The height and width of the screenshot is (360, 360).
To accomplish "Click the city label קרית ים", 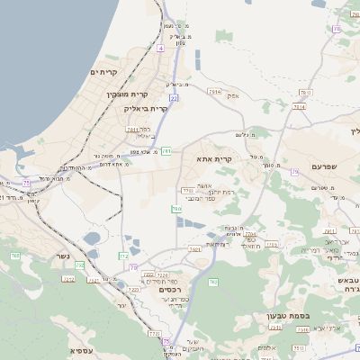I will point(104,71).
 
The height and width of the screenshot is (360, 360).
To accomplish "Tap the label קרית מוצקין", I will point(127,93).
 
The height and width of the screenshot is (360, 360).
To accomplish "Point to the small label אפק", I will point(233,95).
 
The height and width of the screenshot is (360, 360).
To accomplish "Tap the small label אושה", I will point(204,184).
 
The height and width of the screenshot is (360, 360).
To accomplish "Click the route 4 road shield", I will point(160,48).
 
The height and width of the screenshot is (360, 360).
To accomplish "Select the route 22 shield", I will point(174,97).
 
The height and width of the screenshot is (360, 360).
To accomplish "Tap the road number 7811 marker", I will point(132,130).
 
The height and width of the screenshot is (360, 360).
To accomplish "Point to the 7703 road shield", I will point(187,190).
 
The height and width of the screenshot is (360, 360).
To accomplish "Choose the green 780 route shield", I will point(176,209).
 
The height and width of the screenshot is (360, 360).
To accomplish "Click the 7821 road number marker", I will point(193,249).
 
